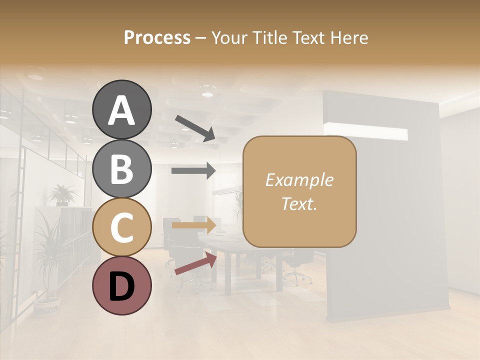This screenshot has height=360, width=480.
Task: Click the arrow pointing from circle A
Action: (195, 127)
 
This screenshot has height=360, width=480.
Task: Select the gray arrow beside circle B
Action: (193, 170)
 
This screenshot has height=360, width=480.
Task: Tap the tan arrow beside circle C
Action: (193, 225)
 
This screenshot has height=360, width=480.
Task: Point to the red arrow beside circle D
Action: (195, 264)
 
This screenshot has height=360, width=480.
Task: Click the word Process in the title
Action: (157, 37)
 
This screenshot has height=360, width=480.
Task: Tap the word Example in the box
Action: (299, 180)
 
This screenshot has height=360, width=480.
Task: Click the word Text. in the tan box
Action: (299, 203)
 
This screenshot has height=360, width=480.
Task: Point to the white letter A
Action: (121, 110)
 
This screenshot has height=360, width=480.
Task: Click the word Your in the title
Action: (228, 37)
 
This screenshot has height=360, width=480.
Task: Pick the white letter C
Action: (121, 227)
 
